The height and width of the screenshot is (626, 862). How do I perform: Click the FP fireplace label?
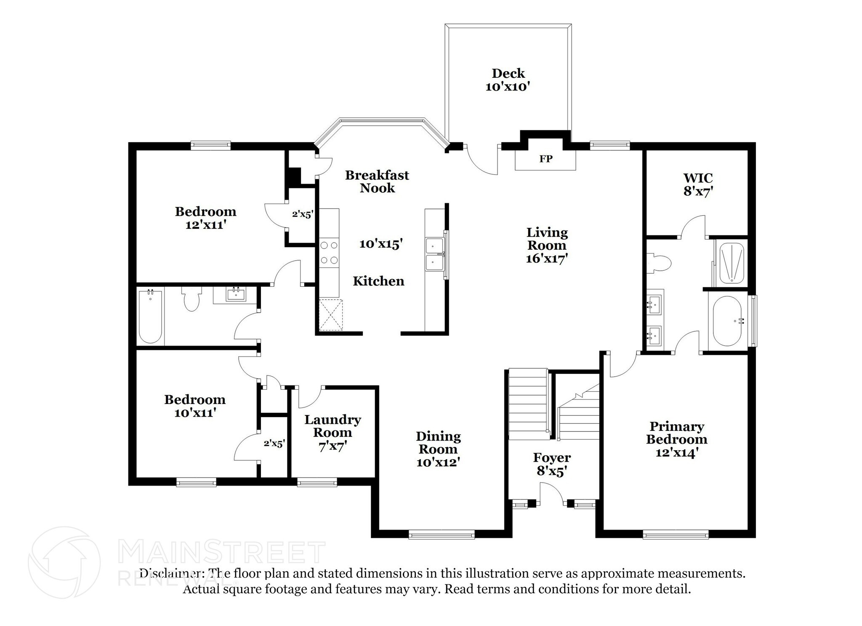(545, 159)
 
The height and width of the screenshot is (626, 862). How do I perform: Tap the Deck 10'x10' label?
(508, 80)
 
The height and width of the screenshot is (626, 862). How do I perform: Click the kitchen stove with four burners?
(328, 253)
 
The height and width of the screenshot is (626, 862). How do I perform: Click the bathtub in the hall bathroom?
(150, 316)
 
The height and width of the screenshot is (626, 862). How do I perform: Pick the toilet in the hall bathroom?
(192, 299)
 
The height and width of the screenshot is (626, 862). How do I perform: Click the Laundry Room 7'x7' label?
(333, 432)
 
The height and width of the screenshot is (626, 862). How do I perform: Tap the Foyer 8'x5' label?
(551, 464)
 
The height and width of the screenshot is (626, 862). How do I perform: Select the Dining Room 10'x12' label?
(438, 449)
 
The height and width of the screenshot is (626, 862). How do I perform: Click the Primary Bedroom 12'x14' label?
(677, 439)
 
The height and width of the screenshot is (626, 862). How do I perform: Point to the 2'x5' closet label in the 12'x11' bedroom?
(303, 214)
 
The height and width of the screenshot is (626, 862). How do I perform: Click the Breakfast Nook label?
(377, 181)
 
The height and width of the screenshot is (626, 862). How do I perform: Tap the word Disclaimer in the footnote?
(170, 573)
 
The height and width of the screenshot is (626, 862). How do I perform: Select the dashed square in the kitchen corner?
(330, 315)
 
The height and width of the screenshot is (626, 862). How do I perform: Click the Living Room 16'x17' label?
(547, 245)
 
